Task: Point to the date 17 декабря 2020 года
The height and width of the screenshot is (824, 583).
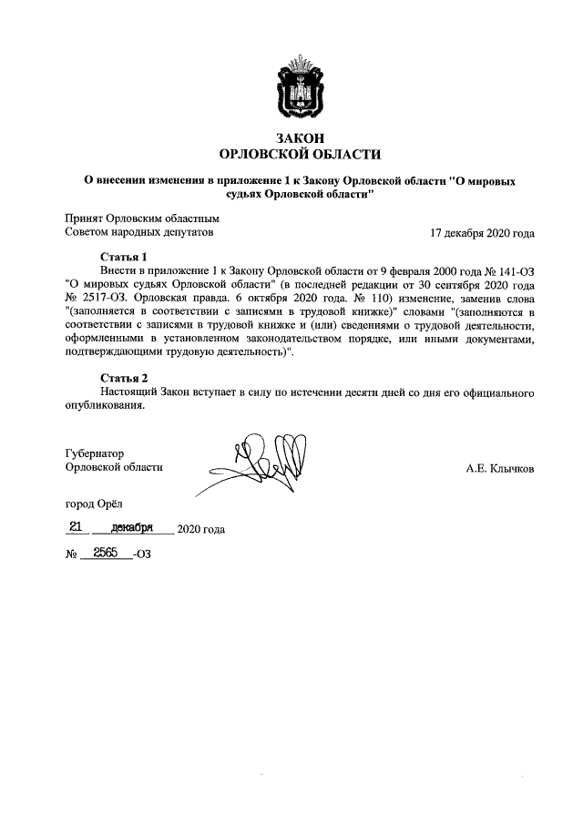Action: [x=482, y=233]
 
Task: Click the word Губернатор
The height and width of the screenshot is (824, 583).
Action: [x=95, y=453]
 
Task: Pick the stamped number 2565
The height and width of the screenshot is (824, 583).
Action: [x=106, y=552]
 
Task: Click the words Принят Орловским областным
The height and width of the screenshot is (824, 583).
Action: [x=142, y=219]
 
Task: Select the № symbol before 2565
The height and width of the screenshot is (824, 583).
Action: [x=71, y=554]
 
